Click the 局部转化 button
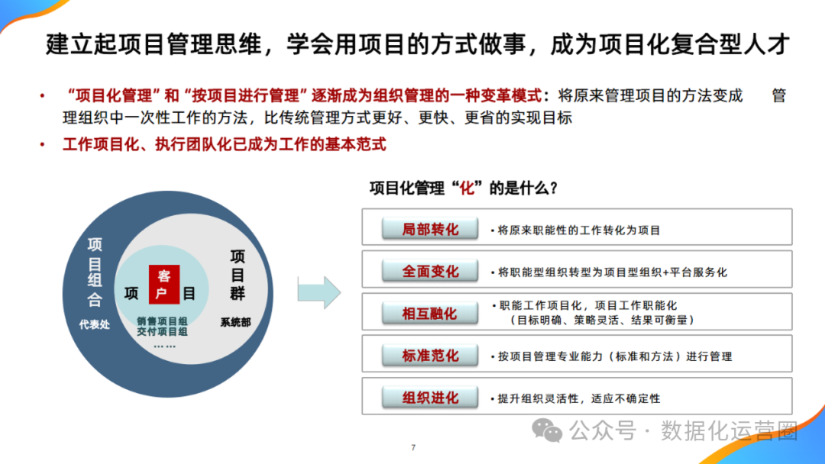click(x=430, y=229)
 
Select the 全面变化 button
click(x=430, y=271)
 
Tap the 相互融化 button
click(x=430, y=313)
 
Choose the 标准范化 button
click(x=430, y=356)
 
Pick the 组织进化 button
click(x=430, y=398)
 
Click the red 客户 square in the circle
click(x=163, y=285)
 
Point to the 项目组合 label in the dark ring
click(x=95, y=271)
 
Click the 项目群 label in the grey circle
click(x=238, y=275)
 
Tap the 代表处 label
click(x=95, y=324)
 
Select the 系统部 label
click(x=235, y=323)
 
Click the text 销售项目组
click(x=163, y=321)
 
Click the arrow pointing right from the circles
click(x=319, y=292)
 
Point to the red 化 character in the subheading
click(x=467, y=188)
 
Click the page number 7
click(x=412, y=447)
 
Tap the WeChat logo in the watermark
click(x=548, y=430)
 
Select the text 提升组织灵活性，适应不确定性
click(x=578, y=398)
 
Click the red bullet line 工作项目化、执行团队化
click(x=225, y=144)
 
